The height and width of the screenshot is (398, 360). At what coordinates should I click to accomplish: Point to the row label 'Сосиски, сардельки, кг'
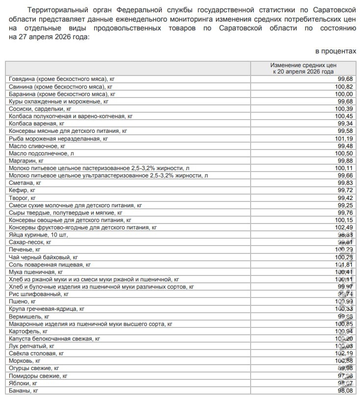coord(40,109)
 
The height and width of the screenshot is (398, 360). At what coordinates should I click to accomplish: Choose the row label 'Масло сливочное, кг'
coord(37,146)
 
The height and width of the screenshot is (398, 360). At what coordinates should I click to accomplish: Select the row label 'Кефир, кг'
coord(22,190)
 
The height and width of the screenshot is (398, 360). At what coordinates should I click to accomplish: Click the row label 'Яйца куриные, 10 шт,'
coord(38,235)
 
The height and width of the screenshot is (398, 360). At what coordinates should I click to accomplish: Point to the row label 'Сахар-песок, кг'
coord(30,242)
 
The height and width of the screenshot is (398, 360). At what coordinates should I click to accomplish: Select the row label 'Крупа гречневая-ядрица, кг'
coord(46,309)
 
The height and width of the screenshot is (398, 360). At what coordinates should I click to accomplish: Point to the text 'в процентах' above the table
coord(335,51)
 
